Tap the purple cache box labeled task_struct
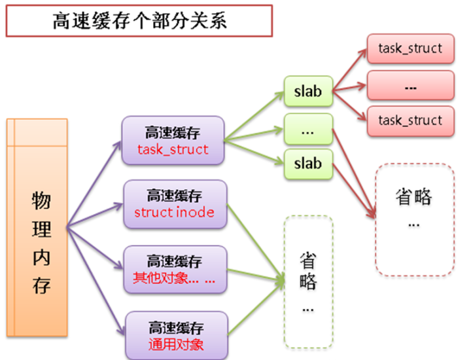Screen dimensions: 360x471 click(173, 140)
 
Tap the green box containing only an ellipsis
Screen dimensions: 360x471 click(308, 129)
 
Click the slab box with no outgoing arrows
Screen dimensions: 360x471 click(308, 163)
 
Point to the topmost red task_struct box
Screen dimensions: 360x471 click(410, 48)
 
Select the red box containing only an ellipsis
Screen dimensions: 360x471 click(410, 85)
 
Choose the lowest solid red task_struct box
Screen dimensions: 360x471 click(410, 120)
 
